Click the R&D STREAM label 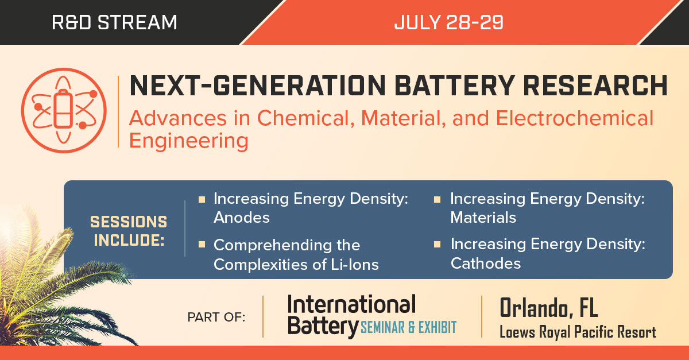point(114,23)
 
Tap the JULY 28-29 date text point(449,23)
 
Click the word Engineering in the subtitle point(189,141)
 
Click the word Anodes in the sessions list point(242,218)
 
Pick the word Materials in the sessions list point(483,218)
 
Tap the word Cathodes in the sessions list point(485,263)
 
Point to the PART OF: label point(216,318)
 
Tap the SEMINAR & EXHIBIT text point(408,328)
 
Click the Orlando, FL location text point(548,308)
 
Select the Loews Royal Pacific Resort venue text point(578,331)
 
